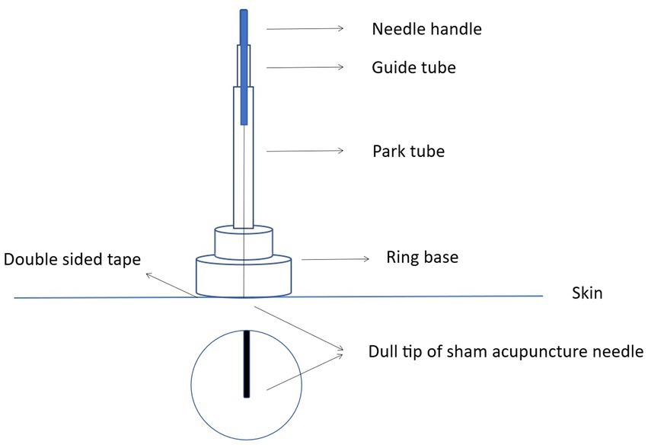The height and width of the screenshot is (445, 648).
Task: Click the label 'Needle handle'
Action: pos(426,30)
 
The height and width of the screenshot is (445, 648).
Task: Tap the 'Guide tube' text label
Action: pos(413,68)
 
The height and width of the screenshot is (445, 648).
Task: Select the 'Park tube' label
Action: pos(408,151)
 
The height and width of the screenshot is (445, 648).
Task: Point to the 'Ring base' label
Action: pos(423,258)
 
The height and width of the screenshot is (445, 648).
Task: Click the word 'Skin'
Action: pos(586,293)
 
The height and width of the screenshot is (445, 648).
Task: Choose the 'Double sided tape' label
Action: pos(72,259)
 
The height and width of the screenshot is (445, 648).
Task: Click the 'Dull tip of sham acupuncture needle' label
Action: pos(506,353)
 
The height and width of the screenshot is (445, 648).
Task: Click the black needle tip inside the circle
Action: pos(247,363)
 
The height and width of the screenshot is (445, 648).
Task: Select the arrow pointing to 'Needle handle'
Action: pos(305,29)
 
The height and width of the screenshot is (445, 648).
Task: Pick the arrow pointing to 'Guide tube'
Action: pos(305,68)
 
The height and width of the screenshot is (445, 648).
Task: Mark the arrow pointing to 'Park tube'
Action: pos(305,151)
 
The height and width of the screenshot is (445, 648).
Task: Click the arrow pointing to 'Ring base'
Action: pos(335,259)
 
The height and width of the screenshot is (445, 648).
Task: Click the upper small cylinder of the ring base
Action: pos(243,241)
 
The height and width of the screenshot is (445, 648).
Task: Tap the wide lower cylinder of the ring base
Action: pos(243,276)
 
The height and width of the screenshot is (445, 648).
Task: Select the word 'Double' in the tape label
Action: pos(30,259)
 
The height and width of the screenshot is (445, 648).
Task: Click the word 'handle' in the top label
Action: pos(456,30)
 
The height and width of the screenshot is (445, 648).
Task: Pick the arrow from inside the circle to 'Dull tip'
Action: pos(305,371)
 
